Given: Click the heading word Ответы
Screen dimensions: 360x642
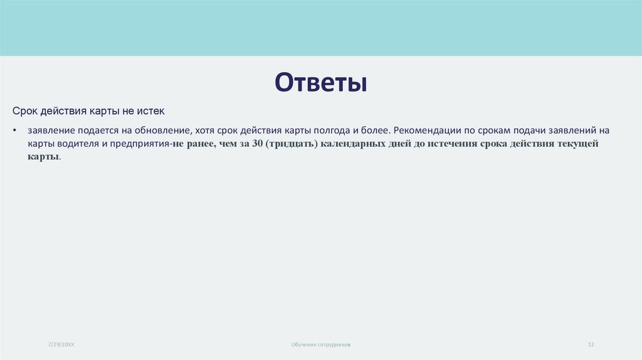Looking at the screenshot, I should [x=320, y=83].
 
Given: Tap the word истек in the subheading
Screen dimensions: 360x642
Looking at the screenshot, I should [x=151, y=111].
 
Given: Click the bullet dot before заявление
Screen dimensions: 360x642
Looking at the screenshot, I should [x=14, y=131].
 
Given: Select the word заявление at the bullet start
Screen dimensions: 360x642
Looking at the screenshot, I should [x=51, y=130].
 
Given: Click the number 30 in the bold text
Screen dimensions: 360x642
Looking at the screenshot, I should [x=256, y=144].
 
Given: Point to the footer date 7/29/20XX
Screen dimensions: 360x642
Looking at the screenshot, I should [x=61, y=345].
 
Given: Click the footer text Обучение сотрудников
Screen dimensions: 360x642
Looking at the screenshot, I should [x=321, y=345].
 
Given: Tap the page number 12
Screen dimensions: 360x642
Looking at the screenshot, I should [x=591, y=345].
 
